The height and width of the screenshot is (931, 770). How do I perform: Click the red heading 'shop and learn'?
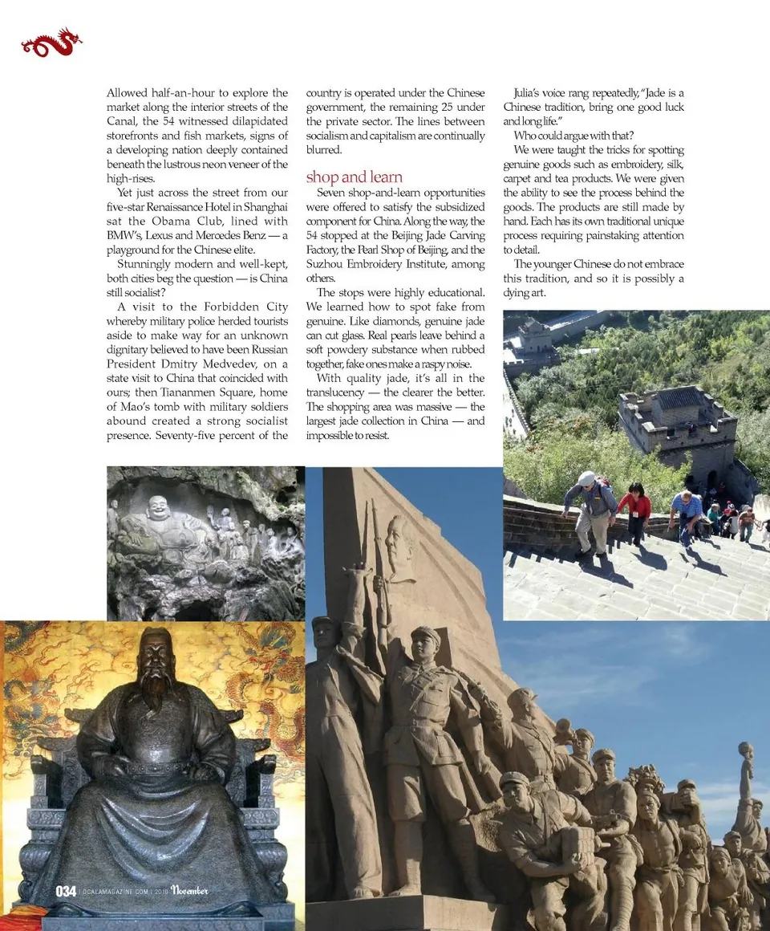pyautogui.click(x=354, y=177)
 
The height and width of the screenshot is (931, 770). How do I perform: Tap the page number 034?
pyautogui.click(x=66, y=892)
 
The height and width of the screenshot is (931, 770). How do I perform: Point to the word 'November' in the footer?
pyautogui.click(x=189, y=891)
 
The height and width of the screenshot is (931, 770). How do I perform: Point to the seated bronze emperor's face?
pyautogui.click(x=155, y=660)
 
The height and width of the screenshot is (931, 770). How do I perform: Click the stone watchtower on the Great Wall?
pyautogui.click(x=679, y=425)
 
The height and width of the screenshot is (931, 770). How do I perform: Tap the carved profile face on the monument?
pyautogui.click(x=401, y=546)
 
